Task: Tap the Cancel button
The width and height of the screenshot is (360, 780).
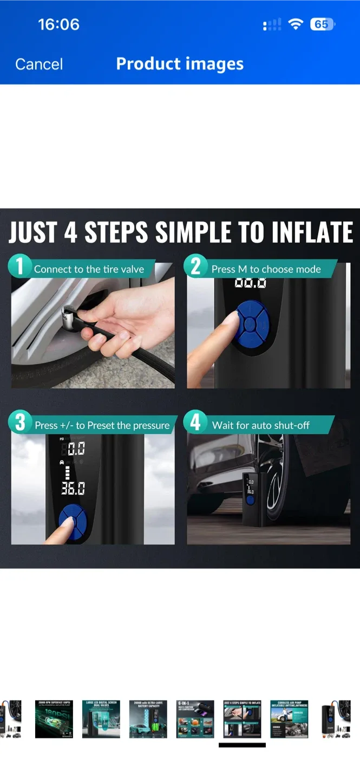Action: [39, 64]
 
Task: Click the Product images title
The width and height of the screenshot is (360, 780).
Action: [180, 64]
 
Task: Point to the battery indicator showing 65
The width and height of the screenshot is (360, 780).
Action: [322, 24]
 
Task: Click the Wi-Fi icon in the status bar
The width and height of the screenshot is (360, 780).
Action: [296, 24]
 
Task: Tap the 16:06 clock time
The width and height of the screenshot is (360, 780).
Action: [58, 24]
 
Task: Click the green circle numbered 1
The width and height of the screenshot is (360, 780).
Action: [20, 267]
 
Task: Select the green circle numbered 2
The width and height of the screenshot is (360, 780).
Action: [195, 267]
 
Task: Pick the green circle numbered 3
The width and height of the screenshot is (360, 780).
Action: [20, 423]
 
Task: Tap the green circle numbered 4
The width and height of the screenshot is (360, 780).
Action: [195, 423]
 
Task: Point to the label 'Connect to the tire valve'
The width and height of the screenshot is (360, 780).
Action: [89, 269]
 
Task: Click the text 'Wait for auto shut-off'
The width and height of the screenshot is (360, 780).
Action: [261, 425]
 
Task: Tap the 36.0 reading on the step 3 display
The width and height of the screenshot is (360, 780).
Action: [73, 489]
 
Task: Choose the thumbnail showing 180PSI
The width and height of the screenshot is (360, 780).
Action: [54, 719]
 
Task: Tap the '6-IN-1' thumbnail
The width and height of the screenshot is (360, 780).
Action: [195, 719]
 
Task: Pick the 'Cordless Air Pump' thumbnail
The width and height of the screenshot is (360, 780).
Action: [289, 719]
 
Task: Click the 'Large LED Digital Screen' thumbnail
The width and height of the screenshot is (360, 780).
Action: [101, 719]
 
